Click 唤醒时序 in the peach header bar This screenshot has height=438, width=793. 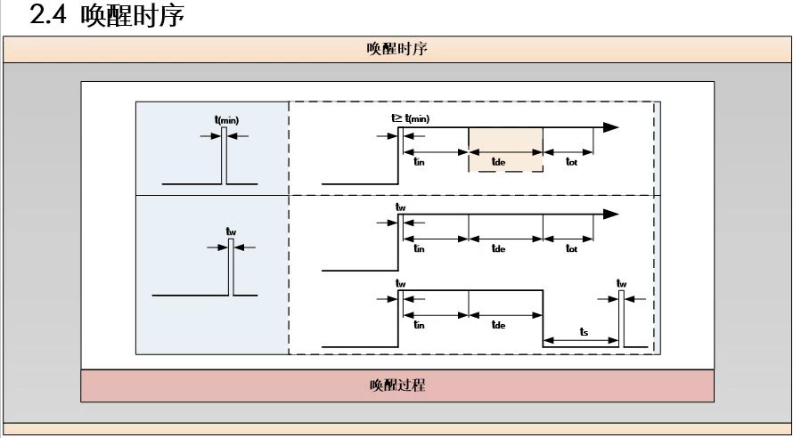point(396,49)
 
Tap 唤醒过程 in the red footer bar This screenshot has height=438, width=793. point(396,385)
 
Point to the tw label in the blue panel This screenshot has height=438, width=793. point(231,232)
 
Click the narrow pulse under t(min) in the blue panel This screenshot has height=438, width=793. point(225,156)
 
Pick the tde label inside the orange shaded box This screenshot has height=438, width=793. point(499,161)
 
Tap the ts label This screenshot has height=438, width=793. point(584,331)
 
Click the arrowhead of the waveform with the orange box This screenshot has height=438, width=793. point(610,127)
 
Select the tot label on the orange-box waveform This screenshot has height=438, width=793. point(571,161)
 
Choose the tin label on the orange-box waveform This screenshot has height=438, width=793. point(419,161)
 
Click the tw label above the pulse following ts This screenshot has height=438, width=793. point(621,283)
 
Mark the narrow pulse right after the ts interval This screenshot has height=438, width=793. point(621,317)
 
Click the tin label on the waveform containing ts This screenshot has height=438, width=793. point(419,326)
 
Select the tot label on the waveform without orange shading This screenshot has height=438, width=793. point(571,249)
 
